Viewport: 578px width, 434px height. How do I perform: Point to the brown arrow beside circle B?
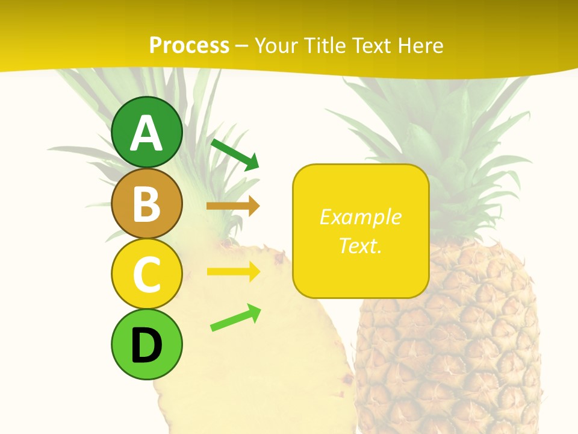tap(233, 206)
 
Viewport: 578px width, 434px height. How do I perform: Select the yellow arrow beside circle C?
tap(233, 271)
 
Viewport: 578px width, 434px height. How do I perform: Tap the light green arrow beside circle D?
tap(235, 318)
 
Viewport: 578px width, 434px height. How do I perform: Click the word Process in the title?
tap(189, 45)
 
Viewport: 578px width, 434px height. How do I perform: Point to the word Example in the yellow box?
tap(360, 217)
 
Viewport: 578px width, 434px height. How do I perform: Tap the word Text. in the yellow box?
tap(360, 245)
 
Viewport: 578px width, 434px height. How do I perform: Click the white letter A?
tap(146, 134)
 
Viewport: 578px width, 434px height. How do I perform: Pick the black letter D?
tap(146, 346)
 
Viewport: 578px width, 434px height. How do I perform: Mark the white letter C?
tap(146, 274)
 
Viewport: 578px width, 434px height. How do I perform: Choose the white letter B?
tap(146, 204)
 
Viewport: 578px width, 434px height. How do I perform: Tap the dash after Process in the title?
tap(242, 46)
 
